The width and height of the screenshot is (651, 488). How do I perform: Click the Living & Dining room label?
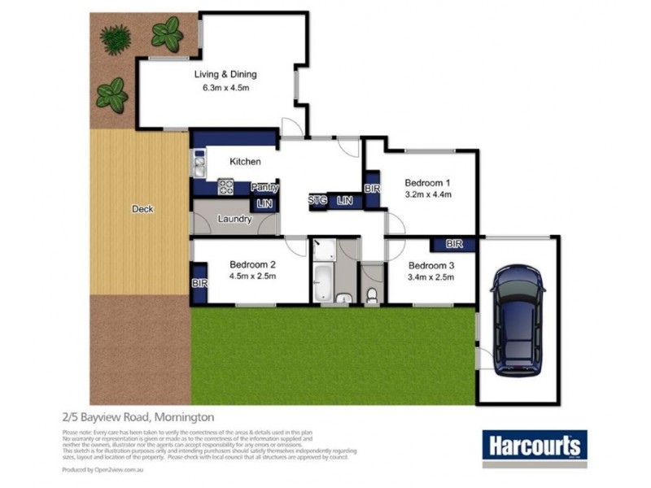pyautogui.click(x=221, y=75)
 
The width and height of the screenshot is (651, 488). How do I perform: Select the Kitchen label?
pyautogui.click(x=245, y=162)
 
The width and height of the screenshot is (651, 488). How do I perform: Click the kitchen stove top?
pyautogui.click(x=226, y=187)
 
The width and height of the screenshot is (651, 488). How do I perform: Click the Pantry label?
pyautogui.click(x=264, y=187)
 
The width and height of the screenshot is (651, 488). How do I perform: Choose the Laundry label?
pyautogui.click(x=235, y=219)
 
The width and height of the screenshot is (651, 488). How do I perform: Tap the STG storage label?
pyautogui.click(x=317, y=199)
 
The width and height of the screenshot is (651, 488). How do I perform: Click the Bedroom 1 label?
pyautogui.click(x=428, y=182)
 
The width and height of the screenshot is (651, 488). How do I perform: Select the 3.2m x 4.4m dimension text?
pyautogui.click(x=428, y=194)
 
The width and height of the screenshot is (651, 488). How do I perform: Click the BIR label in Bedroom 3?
pyautogui.click(x=454, y=243)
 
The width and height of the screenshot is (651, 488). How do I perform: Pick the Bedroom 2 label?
pyautogui.click(x=253, y=264)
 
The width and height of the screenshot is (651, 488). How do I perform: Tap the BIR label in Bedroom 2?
pyautogui.click(x=199, y=283)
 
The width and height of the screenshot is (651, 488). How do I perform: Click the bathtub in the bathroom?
pyautogui.click(x=321, y=281)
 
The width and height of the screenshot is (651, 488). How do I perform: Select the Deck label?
pyautogui.click(x=142, y=209)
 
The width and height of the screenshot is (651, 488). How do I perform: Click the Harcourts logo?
pyautogui.click(x=535, y=446)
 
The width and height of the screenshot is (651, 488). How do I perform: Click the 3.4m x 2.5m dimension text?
pyautogui.click(x=430, y=277)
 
